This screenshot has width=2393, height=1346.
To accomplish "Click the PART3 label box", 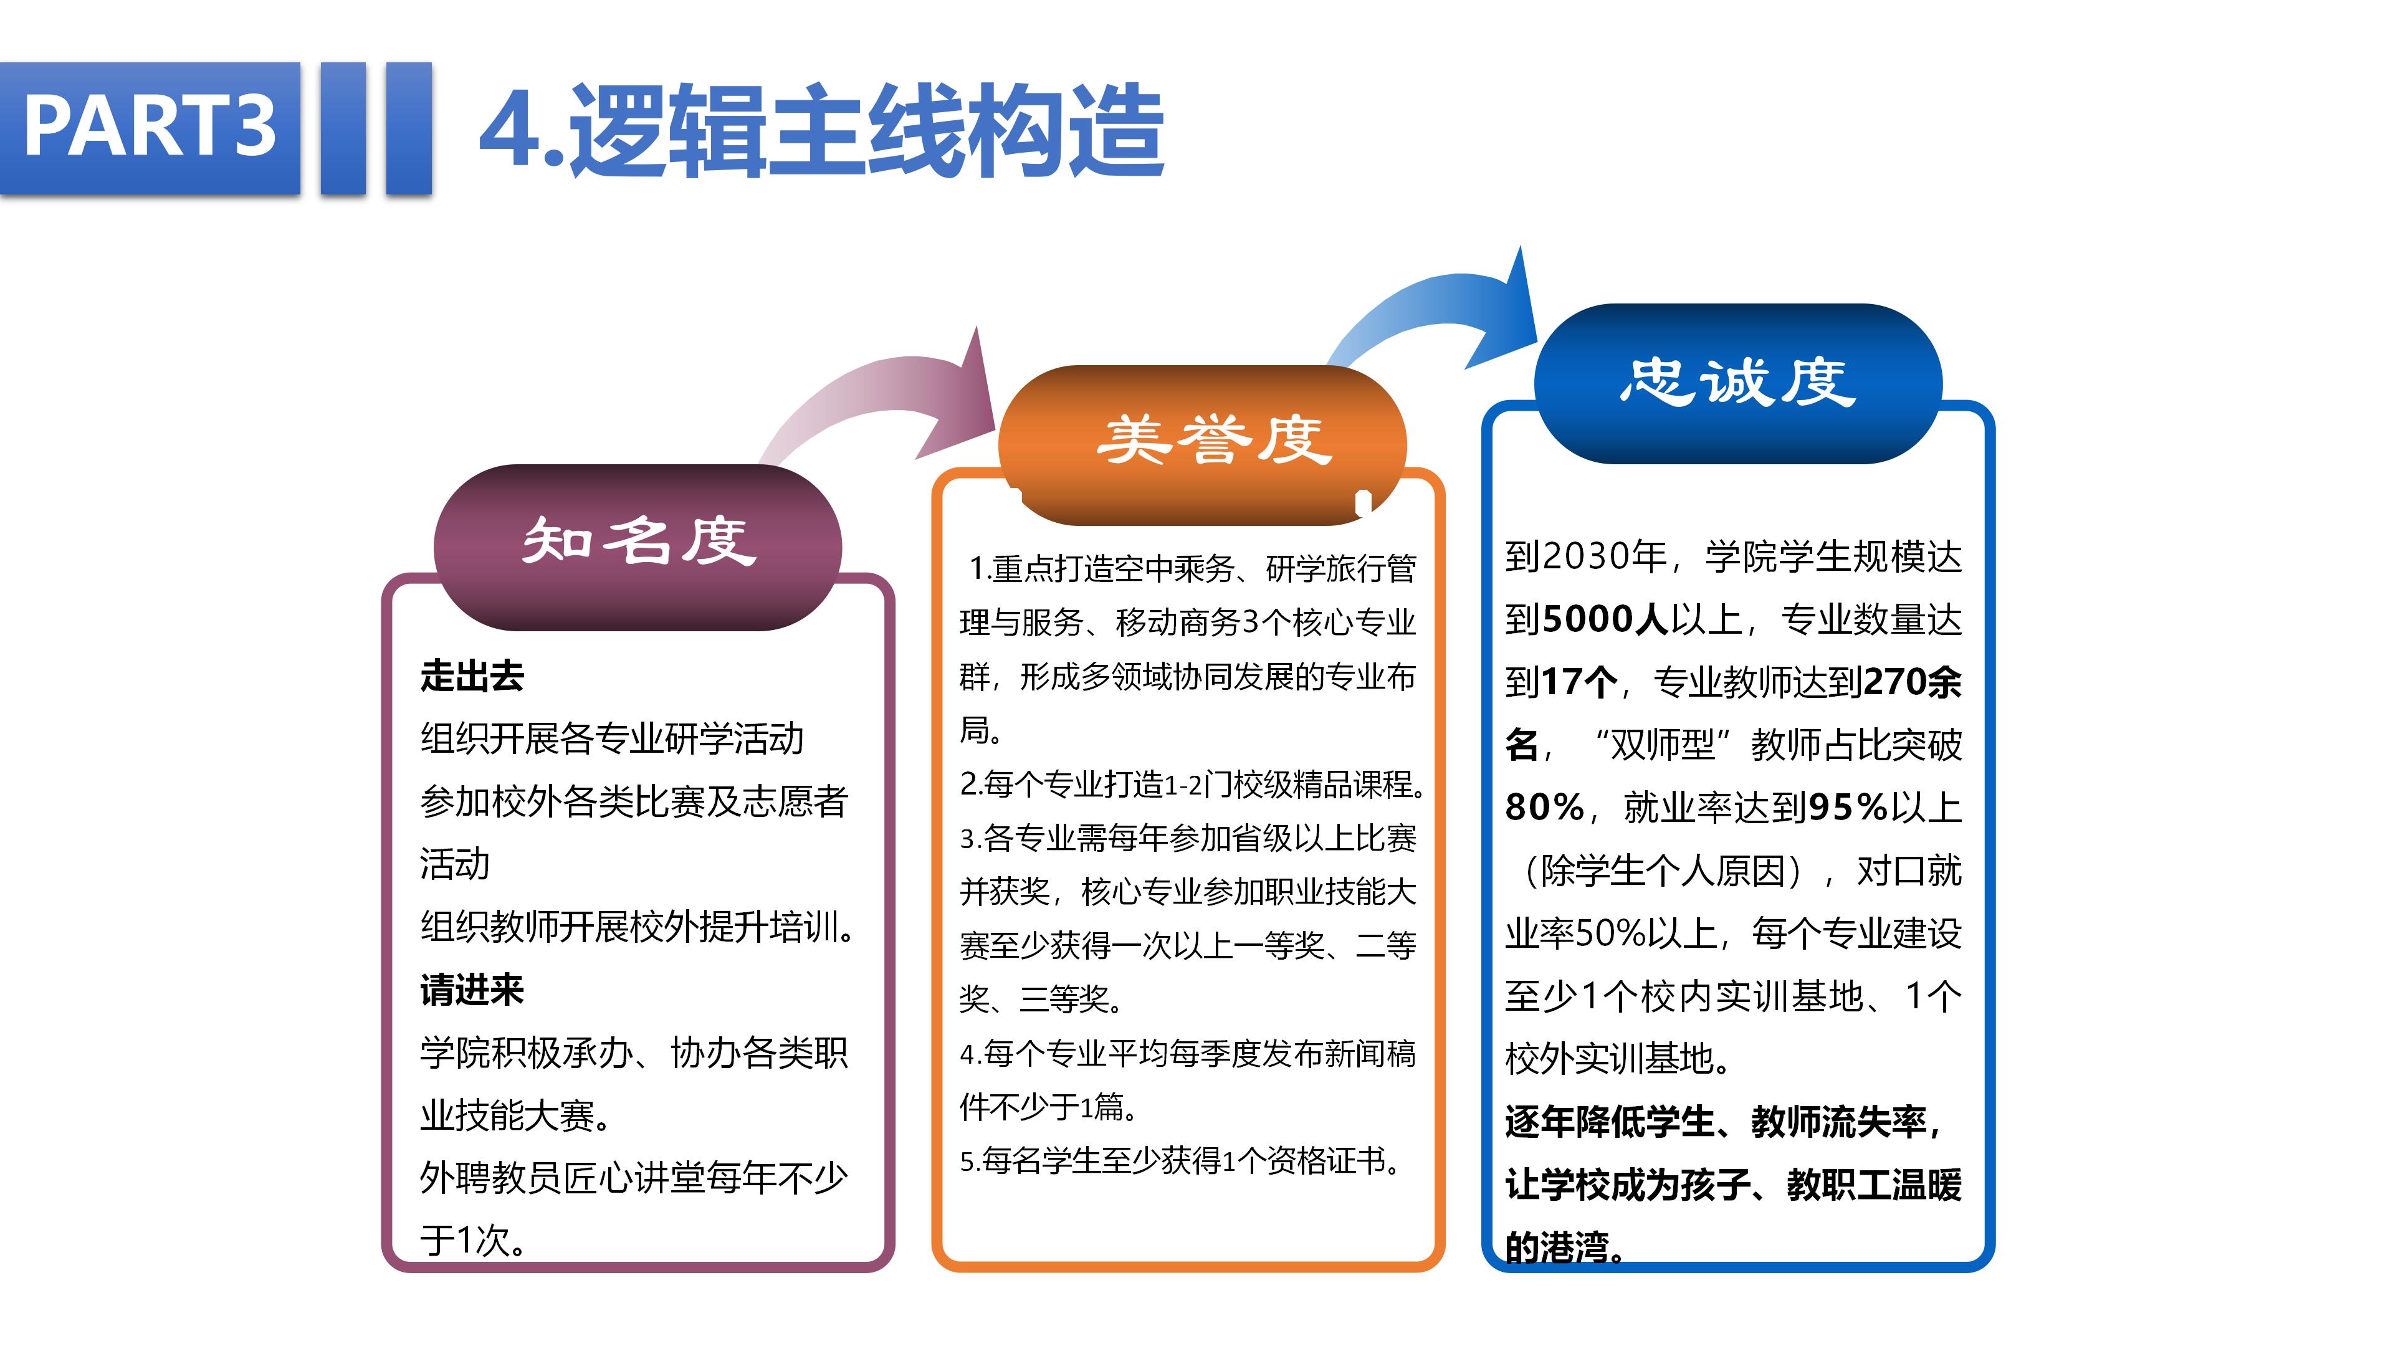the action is [x=150, y=128].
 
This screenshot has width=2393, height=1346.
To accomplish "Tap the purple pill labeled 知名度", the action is [x=638, y=547].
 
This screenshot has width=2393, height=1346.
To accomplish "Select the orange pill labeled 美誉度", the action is [x=1202, y=445].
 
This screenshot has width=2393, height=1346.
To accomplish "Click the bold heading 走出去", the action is [x=472, y=675].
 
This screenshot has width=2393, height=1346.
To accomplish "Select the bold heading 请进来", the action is [x=472, y=990].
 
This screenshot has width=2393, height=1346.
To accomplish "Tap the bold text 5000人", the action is [x=1605, y=619].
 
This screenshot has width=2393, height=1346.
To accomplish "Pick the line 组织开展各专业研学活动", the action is [x=612, y=738].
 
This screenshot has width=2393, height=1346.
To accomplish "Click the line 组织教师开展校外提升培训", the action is [x=638, y=927].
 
